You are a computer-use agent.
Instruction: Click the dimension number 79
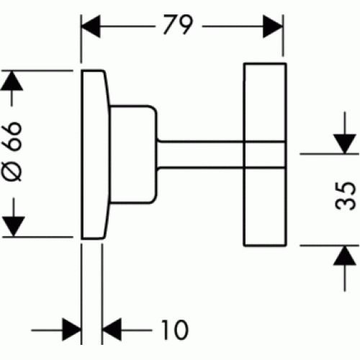pyautogui.click(x=178, y=24)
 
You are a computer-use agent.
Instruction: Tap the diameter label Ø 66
pyautogui.click(x=13, y=151)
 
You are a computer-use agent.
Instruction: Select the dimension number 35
pyautogui.click(x=345, y=196)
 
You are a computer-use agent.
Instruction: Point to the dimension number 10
pyautogui.click(x=174, y=330)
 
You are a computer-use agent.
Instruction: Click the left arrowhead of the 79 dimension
pyautogui.click(x=91, y=27)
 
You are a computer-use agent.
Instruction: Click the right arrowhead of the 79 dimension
pyautogui.click(x=273, y=27)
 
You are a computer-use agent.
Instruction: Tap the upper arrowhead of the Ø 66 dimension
pyautogui.click(x=12, y=81)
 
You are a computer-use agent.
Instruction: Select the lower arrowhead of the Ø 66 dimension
pyautogui.click(x=14, y=226)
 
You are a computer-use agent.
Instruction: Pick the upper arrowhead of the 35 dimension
pyautogui.click(x=345, y=144)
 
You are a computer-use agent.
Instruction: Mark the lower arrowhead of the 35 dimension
pyautogui.click(x=345, y=256)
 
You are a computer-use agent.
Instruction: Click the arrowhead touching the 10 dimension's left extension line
pyautogui.click(x=71, y=330)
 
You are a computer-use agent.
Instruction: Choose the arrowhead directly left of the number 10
pyautogui.click(x=112, y=330)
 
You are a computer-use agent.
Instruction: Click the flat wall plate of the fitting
pyautogui.click(x=95, y=154)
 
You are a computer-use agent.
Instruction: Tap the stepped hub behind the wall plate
pyautogui.click(x=133, y=154)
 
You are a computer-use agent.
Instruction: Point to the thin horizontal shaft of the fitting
pyautogui.click(x=200, y=154)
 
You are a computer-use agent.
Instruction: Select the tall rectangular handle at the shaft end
pyautogui.click(x=265, y=154)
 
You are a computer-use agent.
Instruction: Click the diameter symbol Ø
pyautogui.click(x=13, y=170)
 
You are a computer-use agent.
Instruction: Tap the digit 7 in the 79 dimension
pyautogui.click(x=170, y=24)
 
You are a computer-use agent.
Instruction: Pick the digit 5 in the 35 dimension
pyautogui.click(x=345, y=189)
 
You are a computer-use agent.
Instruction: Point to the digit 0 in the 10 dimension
pyautogui.click(x=181, y=330)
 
